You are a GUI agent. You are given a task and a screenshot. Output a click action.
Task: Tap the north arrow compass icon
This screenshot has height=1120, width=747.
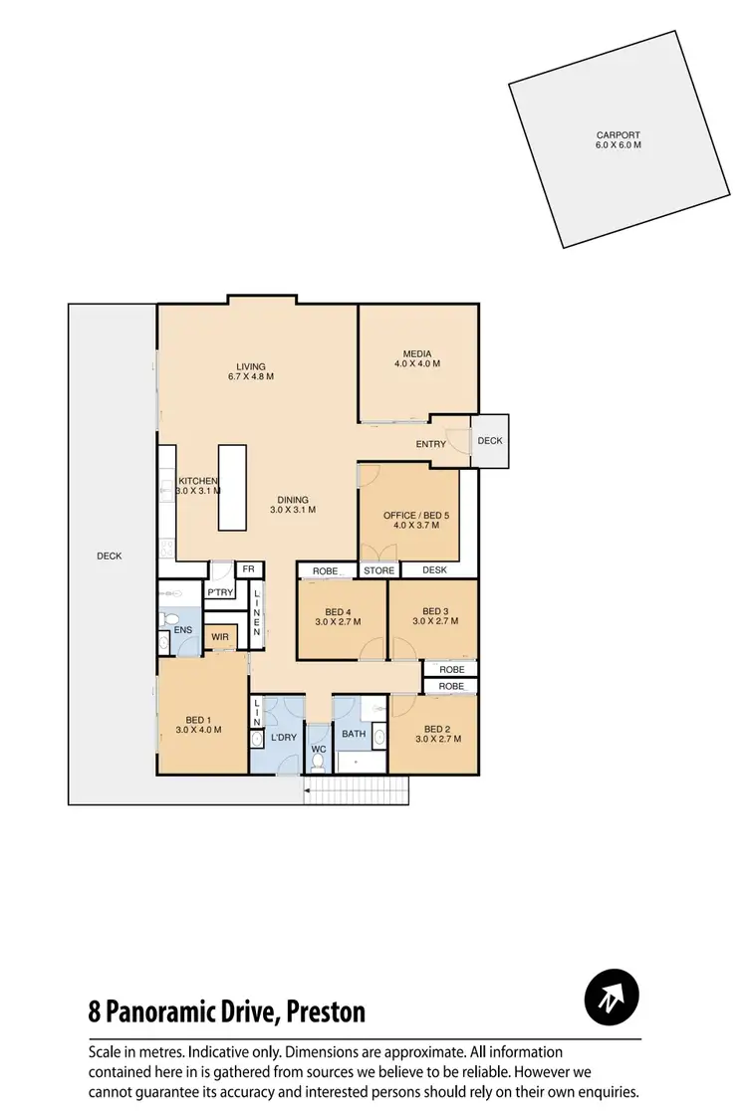coord(612,996)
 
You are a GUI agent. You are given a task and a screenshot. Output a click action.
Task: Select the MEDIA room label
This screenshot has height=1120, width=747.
coord(416,353)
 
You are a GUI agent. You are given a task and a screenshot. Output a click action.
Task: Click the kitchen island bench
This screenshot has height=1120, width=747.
coord(232,488)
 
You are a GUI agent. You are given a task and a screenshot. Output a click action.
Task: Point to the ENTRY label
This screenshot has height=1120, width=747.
coord(430,444)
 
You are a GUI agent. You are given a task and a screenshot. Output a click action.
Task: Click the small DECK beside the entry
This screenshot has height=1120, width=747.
coord(489,440)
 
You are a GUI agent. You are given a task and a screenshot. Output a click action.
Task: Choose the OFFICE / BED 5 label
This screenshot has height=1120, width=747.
coord(409,516)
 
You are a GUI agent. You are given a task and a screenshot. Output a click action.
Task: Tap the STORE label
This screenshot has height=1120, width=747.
coord(378,570)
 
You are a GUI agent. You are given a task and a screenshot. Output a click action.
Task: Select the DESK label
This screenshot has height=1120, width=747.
coord(434,570)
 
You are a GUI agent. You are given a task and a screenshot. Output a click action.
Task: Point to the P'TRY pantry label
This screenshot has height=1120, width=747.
coord(218,592)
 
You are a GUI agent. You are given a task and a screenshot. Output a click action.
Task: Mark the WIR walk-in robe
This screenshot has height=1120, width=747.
coord(219,635)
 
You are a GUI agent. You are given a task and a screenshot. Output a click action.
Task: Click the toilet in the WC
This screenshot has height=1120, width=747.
coord(318,762)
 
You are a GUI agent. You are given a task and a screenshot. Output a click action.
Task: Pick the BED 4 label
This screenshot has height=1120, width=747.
coord(338,611)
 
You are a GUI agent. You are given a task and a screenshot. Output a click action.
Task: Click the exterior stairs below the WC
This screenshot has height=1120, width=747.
coord(356,791)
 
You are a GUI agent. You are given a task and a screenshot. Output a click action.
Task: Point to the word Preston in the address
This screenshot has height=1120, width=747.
coord(327,1012)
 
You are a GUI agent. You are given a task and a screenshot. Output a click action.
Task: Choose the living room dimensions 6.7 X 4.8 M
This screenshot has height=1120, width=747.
coord(249,377)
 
